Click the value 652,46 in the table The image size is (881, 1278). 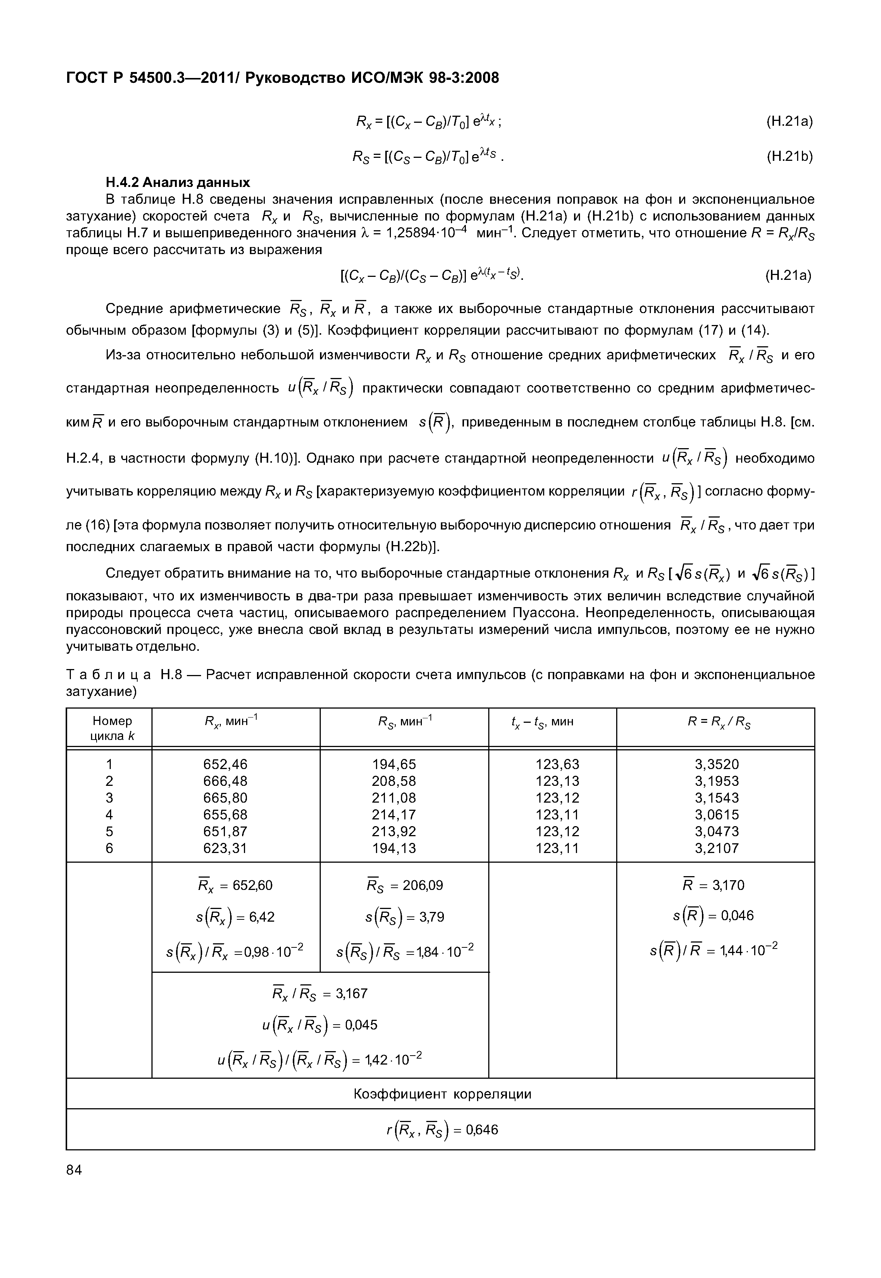(x=225, y=764)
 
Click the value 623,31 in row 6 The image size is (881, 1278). (x=225, y=848)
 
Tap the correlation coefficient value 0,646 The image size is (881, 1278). (x=482, y=1130)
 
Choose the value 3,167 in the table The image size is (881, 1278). (x=352, y=994)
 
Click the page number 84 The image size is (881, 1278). (x=74, y=1170)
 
